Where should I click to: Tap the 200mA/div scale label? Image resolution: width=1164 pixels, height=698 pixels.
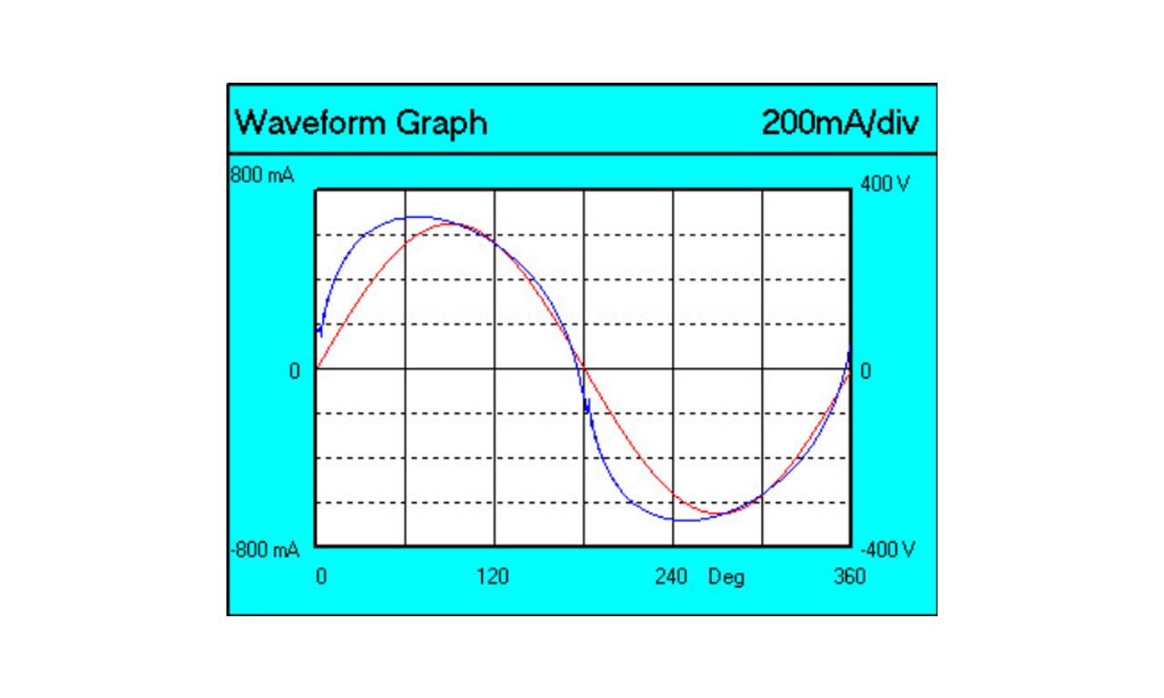839,122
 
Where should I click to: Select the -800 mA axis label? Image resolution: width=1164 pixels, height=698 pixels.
264,550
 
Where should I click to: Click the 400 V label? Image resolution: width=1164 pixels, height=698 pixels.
884,184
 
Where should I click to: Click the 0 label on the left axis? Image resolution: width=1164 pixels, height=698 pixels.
294,371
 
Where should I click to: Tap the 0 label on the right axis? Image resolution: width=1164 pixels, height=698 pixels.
866,371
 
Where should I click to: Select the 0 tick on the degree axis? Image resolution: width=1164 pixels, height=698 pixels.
320,577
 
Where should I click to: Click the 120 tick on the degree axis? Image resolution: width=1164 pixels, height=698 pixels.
493,577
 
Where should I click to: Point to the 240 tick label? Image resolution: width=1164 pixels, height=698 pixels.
671,577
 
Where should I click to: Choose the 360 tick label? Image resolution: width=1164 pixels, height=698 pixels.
850,577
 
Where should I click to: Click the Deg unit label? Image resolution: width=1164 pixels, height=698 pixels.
726,577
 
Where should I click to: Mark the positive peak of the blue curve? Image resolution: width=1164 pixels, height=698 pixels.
415,217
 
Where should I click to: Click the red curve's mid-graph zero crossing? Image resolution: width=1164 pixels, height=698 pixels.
583,368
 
